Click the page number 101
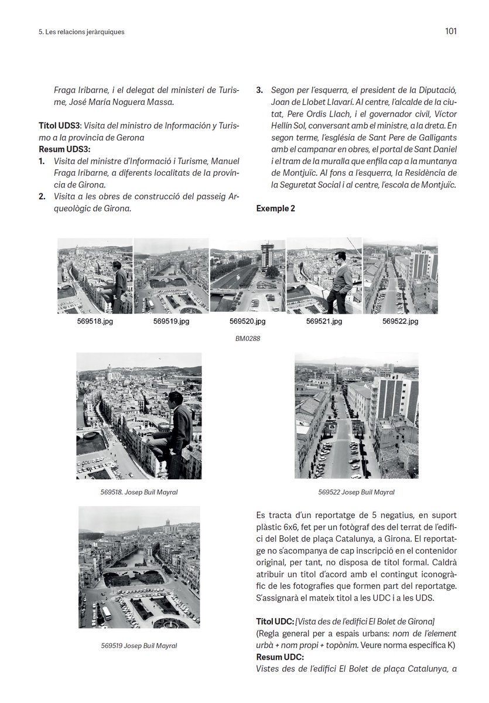[450, 31]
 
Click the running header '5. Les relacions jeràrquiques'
[77, 32]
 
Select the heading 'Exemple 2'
[275, 208]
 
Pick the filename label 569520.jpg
[247, 322]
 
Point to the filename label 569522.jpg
[400, 322]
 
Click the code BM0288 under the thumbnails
[248, 338]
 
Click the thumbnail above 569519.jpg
[171, 276]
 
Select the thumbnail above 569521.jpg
[324, 276]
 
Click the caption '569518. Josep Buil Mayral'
[139, 492]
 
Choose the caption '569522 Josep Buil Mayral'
[356, 492]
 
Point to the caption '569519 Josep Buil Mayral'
[139, 646]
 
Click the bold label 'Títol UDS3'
[56, 126]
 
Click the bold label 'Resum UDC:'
[276, 657]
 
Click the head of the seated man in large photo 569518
[174, 398]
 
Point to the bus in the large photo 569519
[106, 613]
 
